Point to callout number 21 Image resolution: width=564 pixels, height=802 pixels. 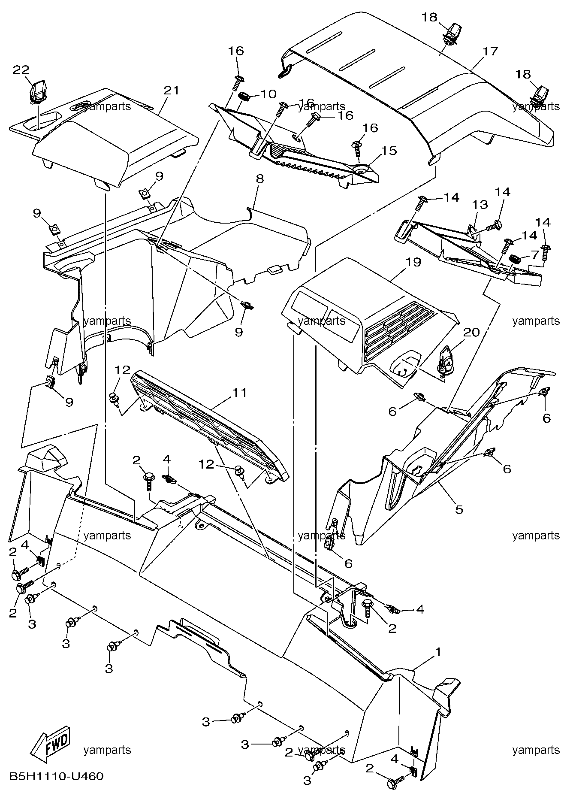[x=171, y=90]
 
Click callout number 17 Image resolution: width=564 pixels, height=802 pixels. [x=490, y=51]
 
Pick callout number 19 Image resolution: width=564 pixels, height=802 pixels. [x=414, y=262]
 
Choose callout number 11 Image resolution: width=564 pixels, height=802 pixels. [x=240, y=392]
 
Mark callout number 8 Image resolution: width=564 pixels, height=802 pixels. [x=260, y=179]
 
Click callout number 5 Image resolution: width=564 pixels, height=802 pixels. [x=459, y=509]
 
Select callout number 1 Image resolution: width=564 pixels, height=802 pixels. [x=438, y=651]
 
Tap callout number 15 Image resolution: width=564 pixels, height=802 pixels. [x=389, y=151]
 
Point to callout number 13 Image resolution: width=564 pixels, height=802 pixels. [x=480, y=205]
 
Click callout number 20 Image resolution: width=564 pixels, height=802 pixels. [x=471, y=332]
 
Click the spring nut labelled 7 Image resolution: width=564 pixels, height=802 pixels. [x=514, y=259]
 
